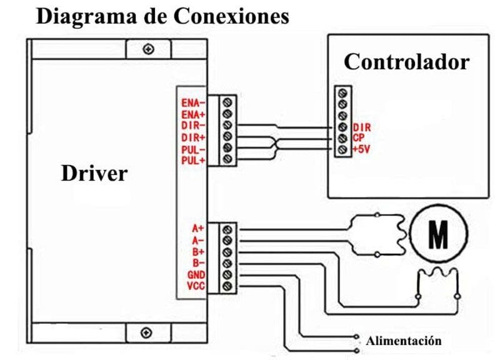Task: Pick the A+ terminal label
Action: [x=198, y=229]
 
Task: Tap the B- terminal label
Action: [x=199, y=263]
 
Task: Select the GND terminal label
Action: [x=195, y=275]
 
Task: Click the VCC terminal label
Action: [x=195, y=287]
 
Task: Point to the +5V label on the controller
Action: [x=361, y=150]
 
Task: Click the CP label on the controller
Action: [x=358, y=139]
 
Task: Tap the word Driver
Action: [x=94, y=173]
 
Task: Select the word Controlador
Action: [x=406, y=62]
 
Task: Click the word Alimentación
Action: [x=404, y=341]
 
